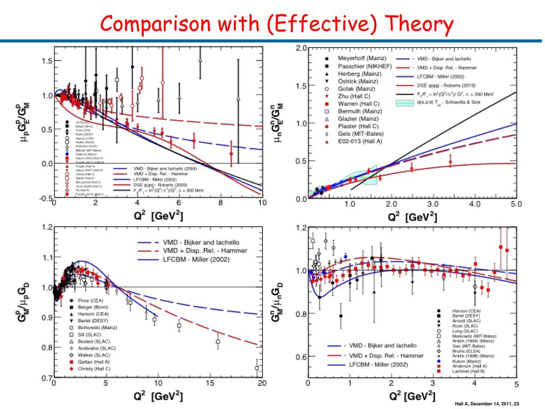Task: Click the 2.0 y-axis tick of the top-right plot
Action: tap(301, 48)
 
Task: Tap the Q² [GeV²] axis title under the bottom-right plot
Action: tap(410, 396)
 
